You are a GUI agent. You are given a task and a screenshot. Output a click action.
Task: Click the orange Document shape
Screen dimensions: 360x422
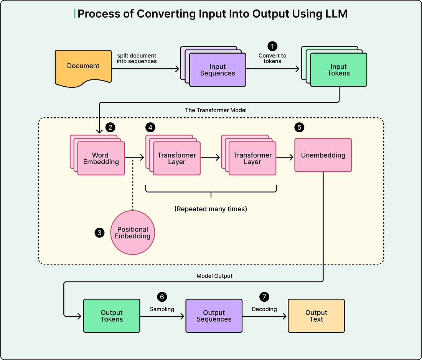[83, 67]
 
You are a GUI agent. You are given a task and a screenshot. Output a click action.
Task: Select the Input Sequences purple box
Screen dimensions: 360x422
[218, 70]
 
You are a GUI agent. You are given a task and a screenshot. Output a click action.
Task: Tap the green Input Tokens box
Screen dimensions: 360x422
[339, 70]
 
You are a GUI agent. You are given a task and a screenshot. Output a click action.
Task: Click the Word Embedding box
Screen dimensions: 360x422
[101, 158]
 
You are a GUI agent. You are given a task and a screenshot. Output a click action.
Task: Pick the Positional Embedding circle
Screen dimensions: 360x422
[133, 233]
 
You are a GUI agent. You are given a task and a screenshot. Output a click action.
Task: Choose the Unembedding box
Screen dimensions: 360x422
[323, 155]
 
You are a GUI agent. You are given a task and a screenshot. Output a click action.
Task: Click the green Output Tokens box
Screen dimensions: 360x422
[112, 316]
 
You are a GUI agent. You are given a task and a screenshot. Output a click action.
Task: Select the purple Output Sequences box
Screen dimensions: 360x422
[214, 316]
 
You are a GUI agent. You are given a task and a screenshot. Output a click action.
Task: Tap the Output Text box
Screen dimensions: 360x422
[316, 316]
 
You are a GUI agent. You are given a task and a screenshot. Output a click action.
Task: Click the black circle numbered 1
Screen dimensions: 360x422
[272, 46]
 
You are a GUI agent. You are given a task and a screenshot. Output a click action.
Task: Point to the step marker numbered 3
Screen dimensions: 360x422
[99, 233]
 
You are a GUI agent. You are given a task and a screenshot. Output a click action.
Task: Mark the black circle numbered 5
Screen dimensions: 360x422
[299, 127]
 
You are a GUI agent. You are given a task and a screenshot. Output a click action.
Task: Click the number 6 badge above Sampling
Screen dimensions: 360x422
[162, 297]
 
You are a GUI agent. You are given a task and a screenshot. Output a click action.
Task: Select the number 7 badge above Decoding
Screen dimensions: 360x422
[264, 297]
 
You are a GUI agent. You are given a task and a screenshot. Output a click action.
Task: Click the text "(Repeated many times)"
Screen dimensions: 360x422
[211, 209]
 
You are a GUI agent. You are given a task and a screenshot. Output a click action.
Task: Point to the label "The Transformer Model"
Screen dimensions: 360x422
[216, 110]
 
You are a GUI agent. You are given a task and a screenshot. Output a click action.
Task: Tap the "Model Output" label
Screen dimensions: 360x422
[214, 276]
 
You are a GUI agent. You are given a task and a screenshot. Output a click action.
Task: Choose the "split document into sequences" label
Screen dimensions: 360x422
[137, 58]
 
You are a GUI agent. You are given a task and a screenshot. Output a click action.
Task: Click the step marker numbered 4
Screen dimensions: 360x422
[150, 127]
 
